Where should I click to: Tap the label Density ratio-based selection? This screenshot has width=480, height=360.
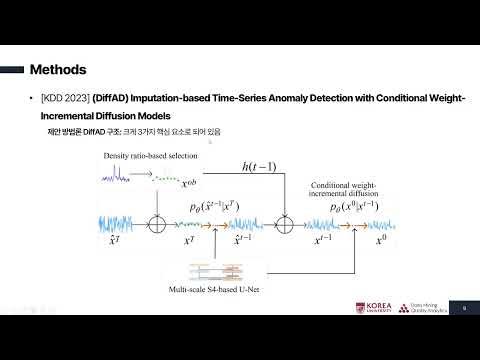[x=150, y=158]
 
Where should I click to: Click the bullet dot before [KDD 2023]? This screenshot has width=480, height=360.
[x=34, y=99]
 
